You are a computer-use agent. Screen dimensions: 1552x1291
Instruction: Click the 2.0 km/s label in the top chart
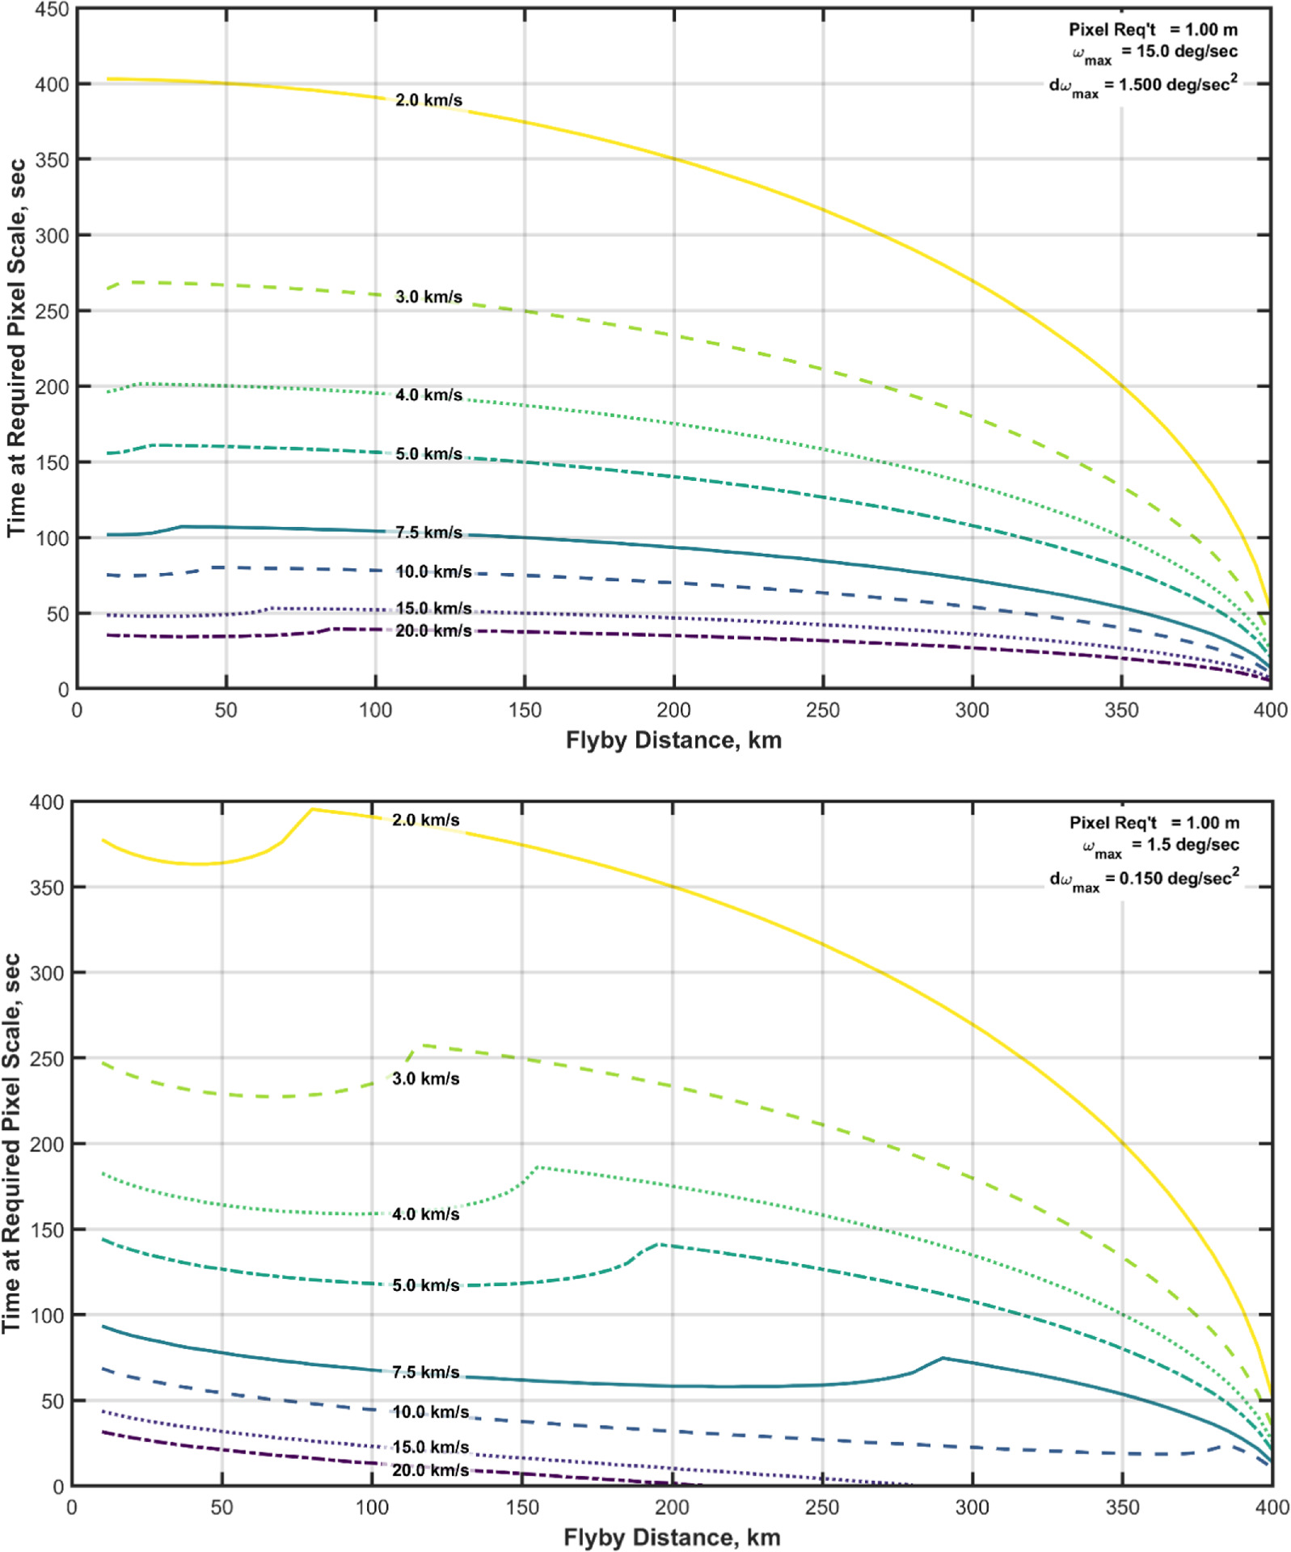point(428,100)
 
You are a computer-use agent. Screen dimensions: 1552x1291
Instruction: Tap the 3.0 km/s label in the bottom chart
point(426,1078)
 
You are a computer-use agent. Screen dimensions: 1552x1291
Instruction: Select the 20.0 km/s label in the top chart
point(433,630)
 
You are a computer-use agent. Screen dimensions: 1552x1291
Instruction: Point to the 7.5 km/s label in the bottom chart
point(426,1372)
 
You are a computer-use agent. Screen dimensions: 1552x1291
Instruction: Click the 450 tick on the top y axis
point(51,10)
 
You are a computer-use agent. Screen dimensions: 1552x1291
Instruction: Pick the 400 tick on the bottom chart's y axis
point(46,803)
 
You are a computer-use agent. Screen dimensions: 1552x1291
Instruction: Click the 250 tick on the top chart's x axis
point(822,711)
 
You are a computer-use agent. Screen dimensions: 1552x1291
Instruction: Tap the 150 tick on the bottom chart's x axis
point(521,1508)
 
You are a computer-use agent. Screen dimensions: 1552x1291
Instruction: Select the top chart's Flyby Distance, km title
point(673,740)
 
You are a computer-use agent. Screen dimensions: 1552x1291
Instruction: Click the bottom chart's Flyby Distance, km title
point(672,1537)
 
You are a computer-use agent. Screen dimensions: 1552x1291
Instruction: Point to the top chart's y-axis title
point(16,348)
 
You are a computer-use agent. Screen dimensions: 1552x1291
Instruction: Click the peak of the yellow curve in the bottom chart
point(312,809)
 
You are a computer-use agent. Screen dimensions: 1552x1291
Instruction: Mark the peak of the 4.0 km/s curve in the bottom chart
point(538,1167)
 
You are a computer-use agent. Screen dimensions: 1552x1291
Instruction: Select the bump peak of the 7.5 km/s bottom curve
point(943,1358)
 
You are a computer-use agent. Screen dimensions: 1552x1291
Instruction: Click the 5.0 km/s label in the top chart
point(428,453)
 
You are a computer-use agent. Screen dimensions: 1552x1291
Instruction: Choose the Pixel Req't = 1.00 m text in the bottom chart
point(1154,823)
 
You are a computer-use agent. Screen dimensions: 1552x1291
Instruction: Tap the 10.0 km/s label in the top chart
point(433,571)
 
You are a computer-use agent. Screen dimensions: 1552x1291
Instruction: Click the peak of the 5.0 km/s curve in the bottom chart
point(660,1244)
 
